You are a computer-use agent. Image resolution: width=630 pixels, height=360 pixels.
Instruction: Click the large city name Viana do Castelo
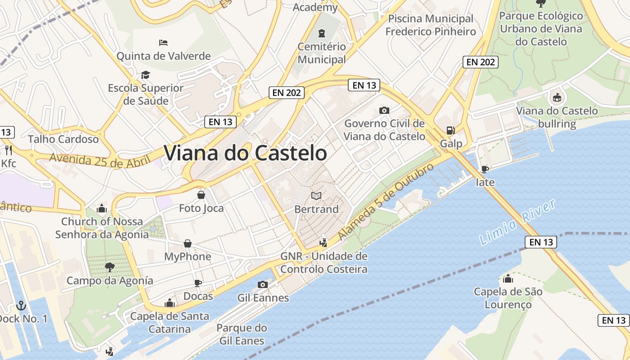pos(245,153)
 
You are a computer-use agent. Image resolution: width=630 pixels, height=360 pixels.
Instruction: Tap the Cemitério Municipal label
pos(322,53)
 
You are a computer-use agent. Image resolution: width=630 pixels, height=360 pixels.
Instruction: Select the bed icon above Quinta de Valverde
pos(163,43)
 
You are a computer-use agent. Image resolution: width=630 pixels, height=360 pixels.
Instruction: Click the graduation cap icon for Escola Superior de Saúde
pos(145,75)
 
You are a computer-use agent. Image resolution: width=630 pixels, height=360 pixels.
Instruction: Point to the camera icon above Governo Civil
pos(384,110)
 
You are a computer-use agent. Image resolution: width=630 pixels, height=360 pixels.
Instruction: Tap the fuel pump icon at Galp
pos(450,130)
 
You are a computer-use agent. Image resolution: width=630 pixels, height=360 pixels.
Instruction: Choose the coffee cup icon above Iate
pos(485,169)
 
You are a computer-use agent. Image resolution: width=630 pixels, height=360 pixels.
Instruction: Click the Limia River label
pos(517,223)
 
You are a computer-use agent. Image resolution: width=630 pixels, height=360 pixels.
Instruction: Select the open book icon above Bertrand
pos(316,196)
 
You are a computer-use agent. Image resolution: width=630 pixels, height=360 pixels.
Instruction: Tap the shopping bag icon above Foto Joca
pos(201,195)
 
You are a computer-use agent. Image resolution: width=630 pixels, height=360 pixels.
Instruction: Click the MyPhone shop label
pos(188,256)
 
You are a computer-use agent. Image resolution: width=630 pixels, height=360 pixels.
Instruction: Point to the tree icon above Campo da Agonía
pos(109,267)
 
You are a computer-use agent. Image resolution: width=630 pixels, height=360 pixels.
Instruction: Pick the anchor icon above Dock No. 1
pos(21,306)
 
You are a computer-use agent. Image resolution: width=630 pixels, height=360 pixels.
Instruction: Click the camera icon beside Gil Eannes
pos(263,284)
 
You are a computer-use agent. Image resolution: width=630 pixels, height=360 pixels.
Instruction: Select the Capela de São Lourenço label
pos(508,298)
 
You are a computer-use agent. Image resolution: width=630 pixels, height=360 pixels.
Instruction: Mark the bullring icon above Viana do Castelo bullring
pos(557,97)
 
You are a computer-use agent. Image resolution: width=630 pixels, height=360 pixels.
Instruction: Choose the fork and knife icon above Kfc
pos(8,150)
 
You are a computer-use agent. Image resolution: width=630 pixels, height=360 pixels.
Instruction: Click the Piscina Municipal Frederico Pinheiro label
pos(431,25)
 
